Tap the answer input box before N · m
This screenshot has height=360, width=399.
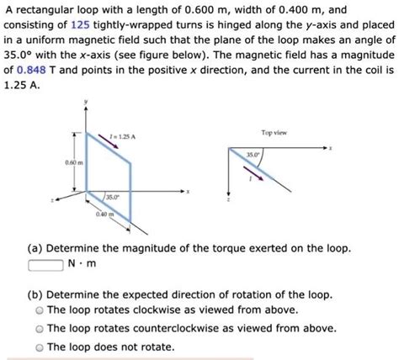click(45, 267)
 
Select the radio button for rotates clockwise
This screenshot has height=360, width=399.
click(39, 310)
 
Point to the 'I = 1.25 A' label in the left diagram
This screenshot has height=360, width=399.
click(123, 135)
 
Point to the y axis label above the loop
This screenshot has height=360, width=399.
click(83, 102)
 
